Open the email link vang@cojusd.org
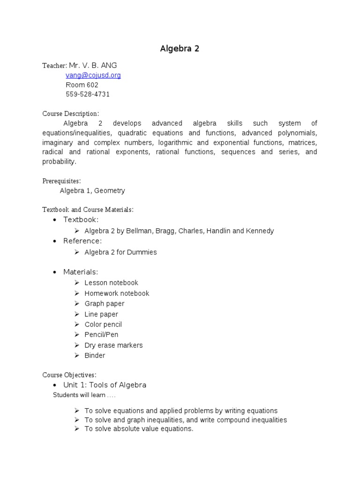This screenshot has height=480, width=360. point(93,75)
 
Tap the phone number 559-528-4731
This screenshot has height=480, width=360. point(88,94)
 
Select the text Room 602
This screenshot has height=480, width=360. point(82,85)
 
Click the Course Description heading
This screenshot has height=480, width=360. point(71,114)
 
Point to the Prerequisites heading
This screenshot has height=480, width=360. point(61,181)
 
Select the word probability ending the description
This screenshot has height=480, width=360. point(59,162)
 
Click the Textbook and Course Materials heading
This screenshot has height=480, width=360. point(88,210)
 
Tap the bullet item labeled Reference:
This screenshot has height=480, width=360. point(82,241)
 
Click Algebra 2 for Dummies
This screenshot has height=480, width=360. point(120,252)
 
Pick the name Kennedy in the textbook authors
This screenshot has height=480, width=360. point(261,231)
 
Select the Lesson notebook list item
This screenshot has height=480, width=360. point(111,283)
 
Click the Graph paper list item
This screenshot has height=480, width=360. point(104,304)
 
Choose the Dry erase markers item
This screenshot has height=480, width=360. point(113,345)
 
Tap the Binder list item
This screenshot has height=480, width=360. point(95,356)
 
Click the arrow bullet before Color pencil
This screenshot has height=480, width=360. point(77,324)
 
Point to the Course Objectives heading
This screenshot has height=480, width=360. point(69,375)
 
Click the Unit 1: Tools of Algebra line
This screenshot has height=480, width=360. point(105,385)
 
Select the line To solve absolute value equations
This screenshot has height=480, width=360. point(139,429)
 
